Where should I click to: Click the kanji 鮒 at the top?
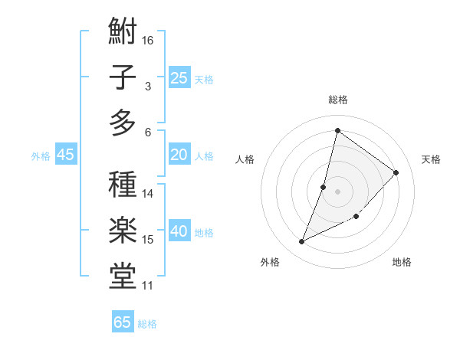[x=123, y=33]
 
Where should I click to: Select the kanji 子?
[x=123, y=78]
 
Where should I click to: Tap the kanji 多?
[x=123, y=123]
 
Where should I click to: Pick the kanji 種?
[x=123, y=186]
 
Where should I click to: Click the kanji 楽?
[x=123, y=231]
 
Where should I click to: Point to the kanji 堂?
[x=123, y=276]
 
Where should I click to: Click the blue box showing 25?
[x=179, y=77]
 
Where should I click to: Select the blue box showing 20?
[x=179, y=155]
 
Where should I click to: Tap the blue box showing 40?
[x=179, y=231]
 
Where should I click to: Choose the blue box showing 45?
[x=65, y=155]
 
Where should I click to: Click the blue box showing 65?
[x=123, y=322]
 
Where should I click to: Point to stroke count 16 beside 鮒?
[x=148, y=40]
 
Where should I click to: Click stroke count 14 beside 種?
[x=148, y=193]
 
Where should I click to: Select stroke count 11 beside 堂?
[x=148, y=286]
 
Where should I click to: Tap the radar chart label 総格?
[x=338, y=100]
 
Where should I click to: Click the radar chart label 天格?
[x=431, y=159]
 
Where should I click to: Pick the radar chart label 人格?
[x=245, y=159]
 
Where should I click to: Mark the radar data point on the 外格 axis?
[x=302, y=242]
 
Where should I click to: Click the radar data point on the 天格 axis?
[x=396, y=172]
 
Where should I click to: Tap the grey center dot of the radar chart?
[x=337, y=191]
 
